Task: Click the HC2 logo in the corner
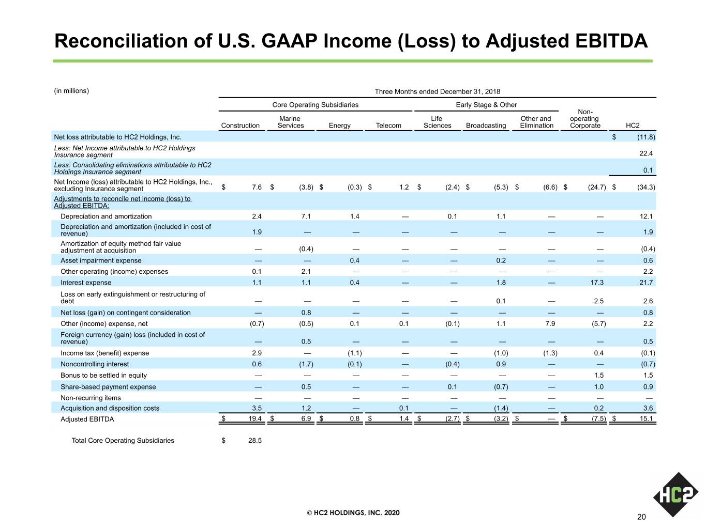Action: pyautogui.click(x=675, y=494)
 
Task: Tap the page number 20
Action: pyautogui.click(x=641, y=517)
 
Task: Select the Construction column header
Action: pyautogui.click(x=241, y=125)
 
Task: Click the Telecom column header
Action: pyautogui.click(x=388, y=125)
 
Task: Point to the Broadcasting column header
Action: pyautogui.click(x=486, y=125)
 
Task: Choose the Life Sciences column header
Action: pyautogui.click(x=437, y=122)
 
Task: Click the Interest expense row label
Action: pyautogui.click(x=86, y=283)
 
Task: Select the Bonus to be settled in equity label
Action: pyautogui.click(x=103, y=375)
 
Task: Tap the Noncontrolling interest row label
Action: pyautogui.click(x=95, y=364)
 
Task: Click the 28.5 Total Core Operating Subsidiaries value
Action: pyautogui.click(x=255, y=440)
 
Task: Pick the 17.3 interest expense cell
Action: pyautogui.click(x=597, y=283)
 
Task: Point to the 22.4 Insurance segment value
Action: pyautogui.click(x=646, y=153)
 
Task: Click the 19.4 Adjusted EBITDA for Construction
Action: pyautogui.click(x=255, y=418)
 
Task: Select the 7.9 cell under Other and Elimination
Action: pyautogui.click(x=550, y=323)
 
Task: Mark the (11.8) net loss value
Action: pyautogui.click(x=646, y=137)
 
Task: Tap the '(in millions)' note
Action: pyautogui.click(x=71, y=90)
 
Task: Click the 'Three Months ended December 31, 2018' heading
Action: pyautogui.click(x=438, y=91)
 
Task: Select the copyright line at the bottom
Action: pyautogui.click(x=353, y=512)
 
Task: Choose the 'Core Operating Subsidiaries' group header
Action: pyautogui.click(x=315, y=105)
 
